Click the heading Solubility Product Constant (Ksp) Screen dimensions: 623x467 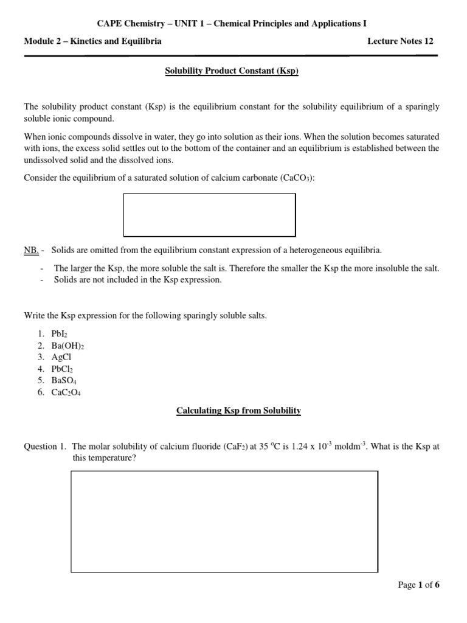[232, 71]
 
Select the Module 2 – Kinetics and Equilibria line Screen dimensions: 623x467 [92, 41]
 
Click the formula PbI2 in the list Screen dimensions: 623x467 [66, 334]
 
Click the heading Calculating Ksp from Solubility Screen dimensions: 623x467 [238, 411]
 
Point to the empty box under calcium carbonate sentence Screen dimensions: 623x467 [209, 215]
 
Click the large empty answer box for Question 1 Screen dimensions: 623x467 [224, 521]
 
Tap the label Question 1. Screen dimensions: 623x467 [44, 447]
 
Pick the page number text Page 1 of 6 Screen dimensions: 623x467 [418, 585]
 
